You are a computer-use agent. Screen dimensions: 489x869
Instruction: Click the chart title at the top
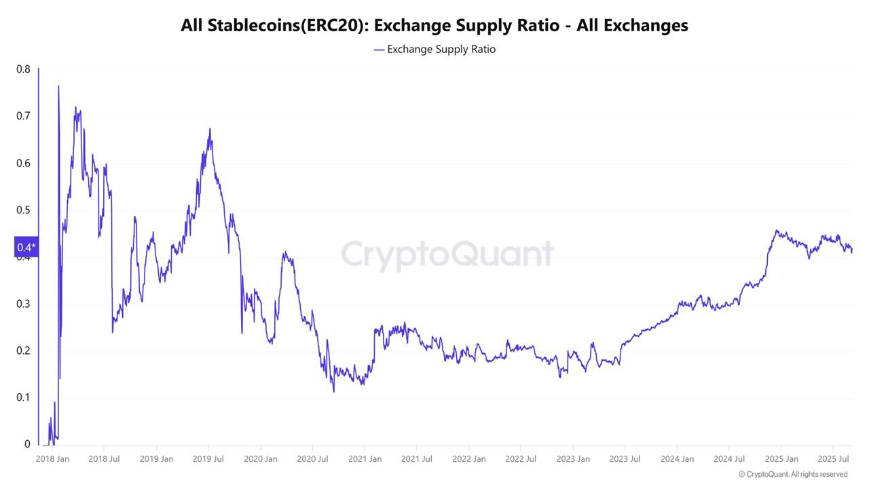pos(434,26)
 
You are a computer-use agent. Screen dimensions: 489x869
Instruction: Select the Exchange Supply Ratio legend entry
pos(434,50)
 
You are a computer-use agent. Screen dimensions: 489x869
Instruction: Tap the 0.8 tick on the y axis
pos(23,69)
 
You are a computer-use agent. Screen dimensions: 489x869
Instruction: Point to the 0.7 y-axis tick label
pos(23,116)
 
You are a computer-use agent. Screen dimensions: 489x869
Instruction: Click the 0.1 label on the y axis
pos(23,397)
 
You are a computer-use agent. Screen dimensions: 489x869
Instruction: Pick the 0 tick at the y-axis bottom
pos(27,444)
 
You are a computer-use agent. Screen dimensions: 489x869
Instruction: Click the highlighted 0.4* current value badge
pos(26,247)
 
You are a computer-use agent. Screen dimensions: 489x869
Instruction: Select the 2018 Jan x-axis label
pos(52,459)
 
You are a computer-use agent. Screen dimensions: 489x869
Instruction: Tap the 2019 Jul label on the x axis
pos(208,459)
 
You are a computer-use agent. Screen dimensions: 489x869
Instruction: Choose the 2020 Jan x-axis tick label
pos(261,459)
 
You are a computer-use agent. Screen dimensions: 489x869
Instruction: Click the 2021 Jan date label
pos(365,459)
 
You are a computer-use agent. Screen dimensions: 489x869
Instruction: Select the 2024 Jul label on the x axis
pos(729,459)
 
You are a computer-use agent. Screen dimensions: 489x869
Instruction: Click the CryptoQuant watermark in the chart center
pos(447,254)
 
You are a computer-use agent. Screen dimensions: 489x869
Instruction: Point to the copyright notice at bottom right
pos(792,474)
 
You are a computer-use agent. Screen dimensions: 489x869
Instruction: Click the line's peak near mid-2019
pos(210,129)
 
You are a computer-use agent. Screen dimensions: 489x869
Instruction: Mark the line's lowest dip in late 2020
pos(333,391)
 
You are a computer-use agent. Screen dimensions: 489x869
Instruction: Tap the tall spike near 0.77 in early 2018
pos(58,86)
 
